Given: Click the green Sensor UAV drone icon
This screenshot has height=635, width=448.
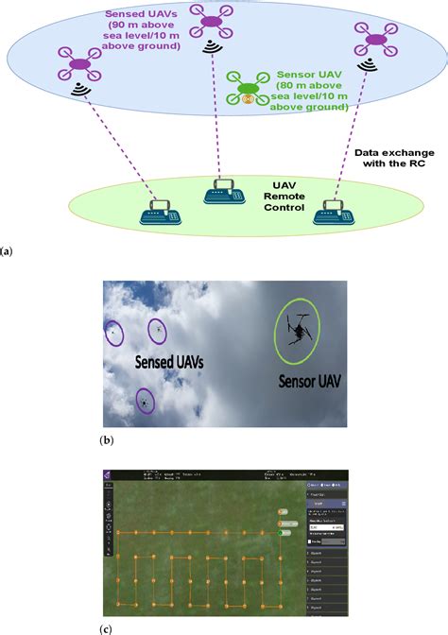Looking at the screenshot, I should pos(247,92).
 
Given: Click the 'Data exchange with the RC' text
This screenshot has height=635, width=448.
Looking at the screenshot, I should pos(391,157).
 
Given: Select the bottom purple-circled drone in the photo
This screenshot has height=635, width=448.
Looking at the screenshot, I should pos(145,402).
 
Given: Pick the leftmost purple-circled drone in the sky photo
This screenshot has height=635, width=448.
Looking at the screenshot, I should pos(113,332).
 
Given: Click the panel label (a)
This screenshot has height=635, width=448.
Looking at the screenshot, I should pos(8,253).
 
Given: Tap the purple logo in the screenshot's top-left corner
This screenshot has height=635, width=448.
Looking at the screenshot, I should pos(108,475).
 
